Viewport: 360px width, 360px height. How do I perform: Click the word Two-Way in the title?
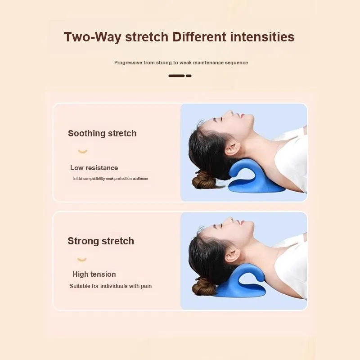pos(93,37)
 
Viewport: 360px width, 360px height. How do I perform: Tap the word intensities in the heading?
pos(262,37)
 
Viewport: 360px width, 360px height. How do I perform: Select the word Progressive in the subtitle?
pos(128,63)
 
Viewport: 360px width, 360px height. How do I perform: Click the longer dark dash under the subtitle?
pos(176,76)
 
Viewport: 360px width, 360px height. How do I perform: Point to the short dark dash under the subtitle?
pos(189,76)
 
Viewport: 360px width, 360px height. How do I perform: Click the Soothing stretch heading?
pos(102,133)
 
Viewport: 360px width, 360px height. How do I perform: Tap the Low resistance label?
pos(94,168)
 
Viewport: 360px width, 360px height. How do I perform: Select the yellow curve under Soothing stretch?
pos(83,152)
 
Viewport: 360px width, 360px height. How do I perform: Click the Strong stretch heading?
pos(101,241)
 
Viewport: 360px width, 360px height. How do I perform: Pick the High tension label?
pos(94,274)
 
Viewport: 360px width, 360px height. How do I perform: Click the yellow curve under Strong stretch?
pos(82,260)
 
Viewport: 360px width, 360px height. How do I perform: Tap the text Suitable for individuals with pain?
pos(111,286)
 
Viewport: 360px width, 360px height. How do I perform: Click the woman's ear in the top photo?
pos(232,148)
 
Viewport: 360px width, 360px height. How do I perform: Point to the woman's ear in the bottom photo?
pos(232,255)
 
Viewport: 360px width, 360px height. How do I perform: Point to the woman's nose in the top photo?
pos(229,113)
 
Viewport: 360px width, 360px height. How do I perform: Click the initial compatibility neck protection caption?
pos(110,179)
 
